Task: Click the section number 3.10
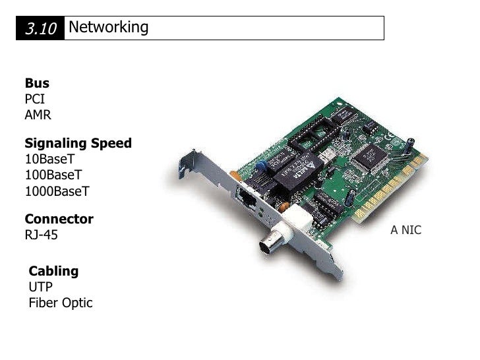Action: click(x=41, y=28)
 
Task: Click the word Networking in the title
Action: click(x=108, y=28)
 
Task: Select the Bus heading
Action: click(x=37, y=84)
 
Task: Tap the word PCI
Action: click(x=35, y=100)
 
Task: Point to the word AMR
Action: click(x=38, y=115)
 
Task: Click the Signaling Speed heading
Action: click(x=78, y=144)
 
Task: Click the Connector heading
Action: click(x=59, y=219)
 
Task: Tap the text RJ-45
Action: click(x=41, y=235)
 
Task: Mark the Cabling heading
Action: click(x=53, y=271)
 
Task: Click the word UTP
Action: click(x=40, y=287)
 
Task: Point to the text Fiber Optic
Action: click(x=61, y=303)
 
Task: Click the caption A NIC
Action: click(x=405, y=230)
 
